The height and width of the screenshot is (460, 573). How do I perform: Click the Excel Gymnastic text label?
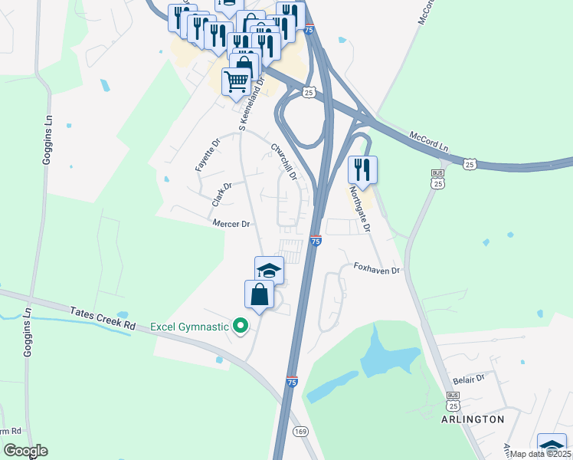click(x=189, y=327)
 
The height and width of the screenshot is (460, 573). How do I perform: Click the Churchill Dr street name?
click(x=283, y=160)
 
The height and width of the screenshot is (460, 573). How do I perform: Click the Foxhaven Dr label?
click(x=377, y=270)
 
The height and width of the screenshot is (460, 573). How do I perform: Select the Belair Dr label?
click(x=470, y=379)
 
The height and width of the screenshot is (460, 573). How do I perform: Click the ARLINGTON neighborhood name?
click(x=473, y=419)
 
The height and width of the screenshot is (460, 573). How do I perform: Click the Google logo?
click(x=25, y=451)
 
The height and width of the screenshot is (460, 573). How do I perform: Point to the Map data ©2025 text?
click(x=539, y=453)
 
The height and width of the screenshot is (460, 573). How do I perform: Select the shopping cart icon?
click(x=237, y=79)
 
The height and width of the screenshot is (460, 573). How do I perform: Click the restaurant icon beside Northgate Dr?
click(x=362, y=169)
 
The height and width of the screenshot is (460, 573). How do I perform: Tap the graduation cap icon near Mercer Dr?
click(x=269, y=269)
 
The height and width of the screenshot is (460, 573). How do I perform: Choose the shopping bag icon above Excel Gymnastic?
click(x=259, y=294)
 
